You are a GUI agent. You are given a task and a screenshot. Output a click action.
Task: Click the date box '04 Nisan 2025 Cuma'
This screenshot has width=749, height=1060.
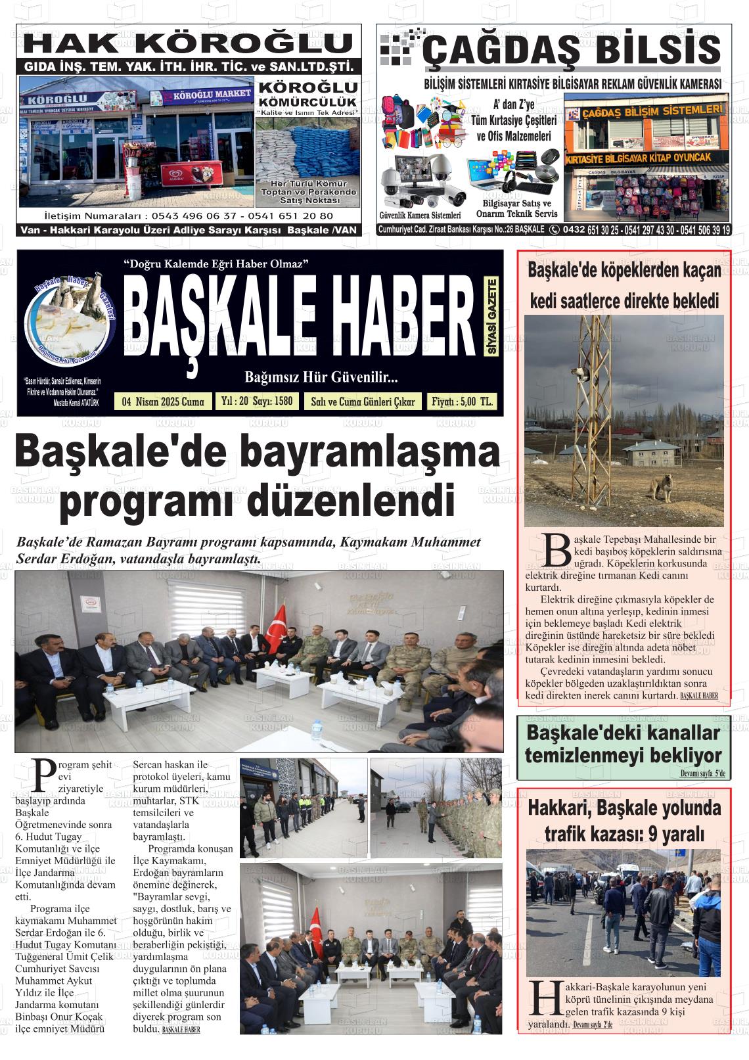(163, 402)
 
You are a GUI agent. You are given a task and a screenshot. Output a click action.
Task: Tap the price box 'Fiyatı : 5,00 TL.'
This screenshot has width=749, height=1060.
(462, 402)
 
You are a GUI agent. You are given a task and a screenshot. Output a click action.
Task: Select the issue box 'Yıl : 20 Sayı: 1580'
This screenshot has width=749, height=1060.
(257, 401)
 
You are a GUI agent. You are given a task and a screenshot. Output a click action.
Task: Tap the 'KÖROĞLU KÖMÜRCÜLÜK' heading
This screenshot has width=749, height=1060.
(307, 94)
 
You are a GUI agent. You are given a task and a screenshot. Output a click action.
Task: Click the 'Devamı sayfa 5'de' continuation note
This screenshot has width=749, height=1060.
(702, 774)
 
